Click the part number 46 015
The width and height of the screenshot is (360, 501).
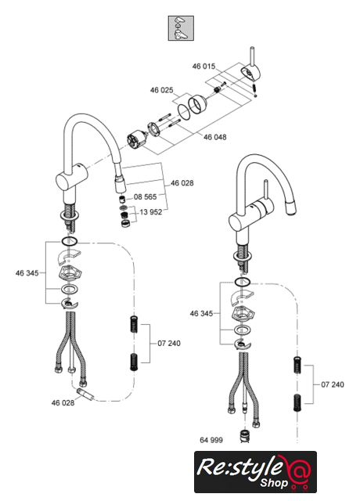(203, 67)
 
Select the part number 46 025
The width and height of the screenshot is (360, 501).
(162, 90)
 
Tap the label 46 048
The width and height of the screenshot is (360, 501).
(215, 137)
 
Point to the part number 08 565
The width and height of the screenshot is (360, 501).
(146, 196)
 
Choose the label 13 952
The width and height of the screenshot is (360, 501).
(151, 212)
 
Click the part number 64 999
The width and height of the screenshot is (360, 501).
(211, 440)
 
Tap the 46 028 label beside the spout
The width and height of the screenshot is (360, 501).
(182, 183)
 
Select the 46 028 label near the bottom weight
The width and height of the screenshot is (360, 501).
(63, 403)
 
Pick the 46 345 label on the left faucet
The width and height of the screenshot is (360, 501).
(27, 273)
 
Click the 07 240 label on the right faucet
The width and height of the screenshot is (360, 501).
(333, 384)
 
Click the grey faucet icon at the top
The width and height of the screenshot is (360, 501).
(181, 28)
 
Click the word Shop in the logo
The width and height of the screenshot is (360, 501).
(274, 482)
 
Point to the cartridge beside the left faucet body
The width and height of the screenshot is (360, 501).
(135, 142)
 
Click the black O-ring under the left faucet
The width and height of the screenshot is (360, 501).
(70, 242)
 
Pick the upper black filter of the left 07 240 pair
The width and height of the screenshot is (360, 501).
(134, 324)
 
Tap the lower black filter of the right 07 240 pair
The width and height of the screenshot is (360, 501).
(297, 403)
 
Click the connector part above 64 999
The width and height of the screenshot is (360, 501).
(244, 437)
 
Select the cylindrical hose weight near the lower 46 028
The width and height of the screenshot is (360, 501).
(85, 395)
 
